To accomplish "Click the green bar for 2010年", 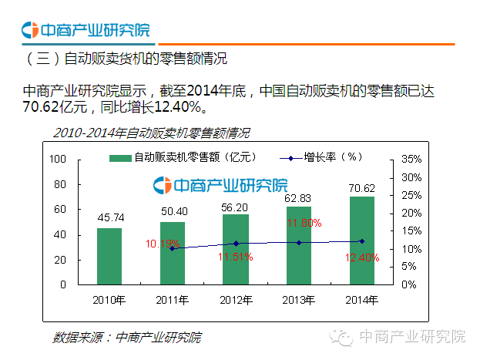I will point(109,256).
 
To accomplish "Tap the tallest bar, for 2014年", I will point(362,240).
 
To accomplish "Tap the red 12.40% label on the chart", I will point(363,257).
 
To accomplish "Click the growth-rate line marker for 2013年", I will point(299,243).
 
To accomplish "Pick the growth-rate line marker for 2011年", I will point(173,248).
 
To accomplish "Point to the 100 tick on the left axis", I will point(58,159).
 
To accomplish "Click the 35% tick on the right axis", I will point(409,159).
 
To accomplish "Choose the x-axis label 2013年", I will point(299,298).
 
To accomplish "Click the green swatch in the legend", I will point(119,158).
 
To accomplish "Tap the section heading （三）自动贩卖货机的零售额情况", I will point(127,59).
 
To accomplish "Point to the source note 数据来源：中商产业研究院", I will point(126,337).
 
